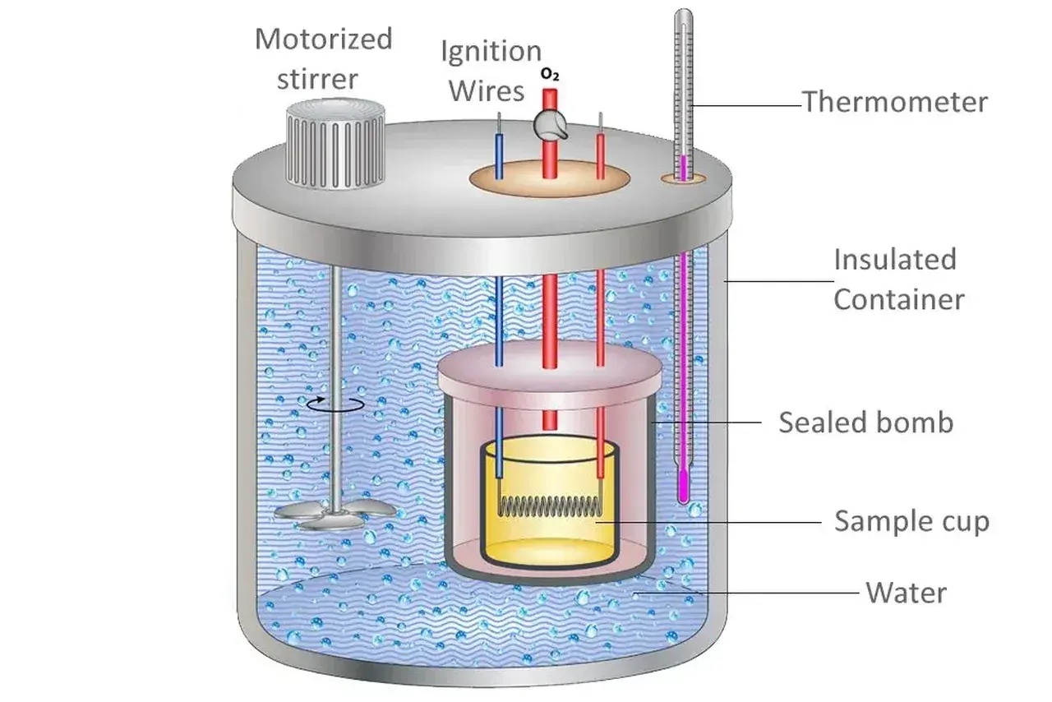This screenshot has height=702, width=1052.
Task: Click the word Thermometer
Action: coord(895,102)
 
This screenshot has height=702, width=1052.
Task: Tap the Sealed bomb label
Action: coord(866,422)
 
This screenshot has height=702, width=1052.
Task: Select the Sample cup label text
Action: coord(911,521)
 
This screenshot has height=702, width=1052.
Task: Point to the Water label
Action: coord(906,593)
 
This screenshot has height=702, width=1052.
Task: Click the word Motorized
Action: coord(324,39)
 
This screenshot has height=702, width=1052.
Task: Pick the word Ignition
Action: coord(491,52)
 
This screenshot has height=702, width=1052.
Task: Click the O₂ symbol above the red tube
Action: coord(550,75)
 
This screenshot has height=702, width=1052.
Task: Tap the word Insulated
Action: coord(895,259)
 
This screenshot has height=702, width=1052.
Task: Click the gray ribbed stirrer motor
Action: coord(335,144)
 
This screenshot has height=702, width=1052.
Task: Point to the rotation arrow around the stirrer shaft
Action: coord(335,404)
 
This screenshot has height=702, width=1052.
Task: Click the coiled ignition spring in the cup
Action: coord(550,506)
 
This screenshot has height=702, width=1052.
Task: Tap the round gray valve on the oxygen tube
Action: coord(550,124)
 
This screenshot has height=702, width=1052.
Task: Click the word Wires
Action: coord(487,91)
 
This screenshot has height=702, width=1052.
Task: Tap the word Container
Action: coord(899,299)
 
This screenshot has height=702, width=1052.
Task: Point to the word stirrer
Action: coord(317,79)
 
